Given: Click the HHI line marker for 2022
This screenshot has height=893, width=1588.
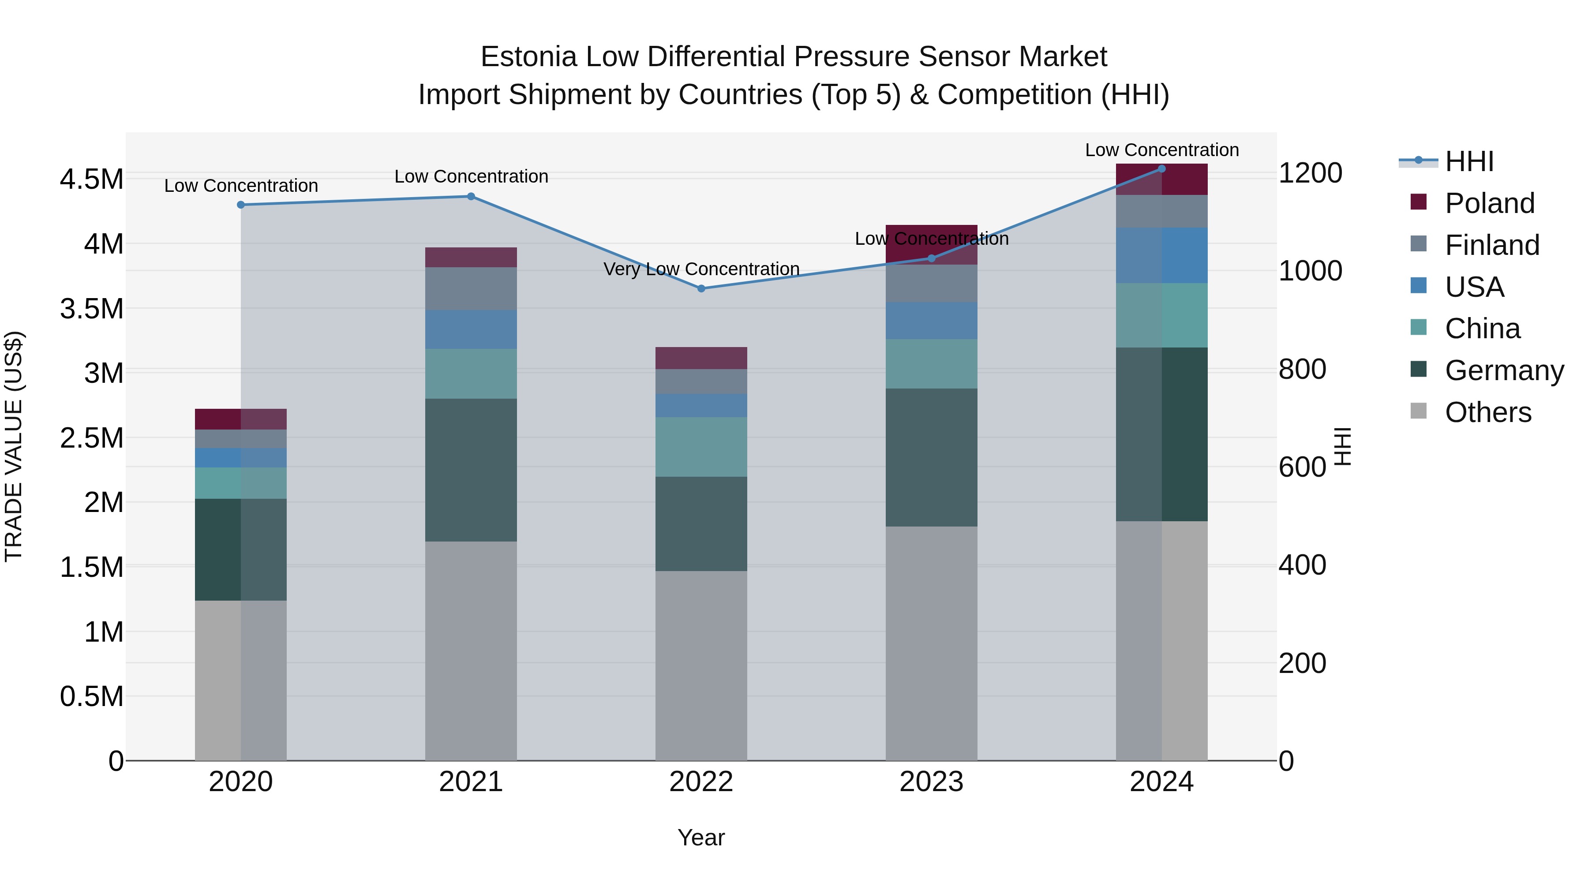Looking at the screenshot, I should (701, 288).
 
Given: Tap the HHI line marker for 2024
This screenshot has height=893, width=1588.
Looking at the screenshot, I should (1161, 169).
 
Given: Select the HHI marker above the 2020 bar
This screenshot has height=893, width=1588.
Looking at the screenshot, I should (241, 205).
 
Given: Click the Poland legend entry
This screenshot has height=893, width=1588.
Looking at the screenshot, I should (1489, 203).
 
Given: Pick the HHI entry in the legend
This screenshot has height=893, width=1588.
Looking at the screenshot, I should (1468, 161).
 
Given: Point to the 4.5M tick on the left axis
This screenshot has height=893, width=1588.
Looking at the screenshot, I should (91, 179).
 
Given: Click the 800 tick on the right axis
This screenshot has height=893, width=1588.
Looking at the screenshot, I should (1302, 369).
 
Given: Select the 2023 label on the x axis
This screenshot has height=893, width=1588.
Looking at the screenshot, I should (931, 782).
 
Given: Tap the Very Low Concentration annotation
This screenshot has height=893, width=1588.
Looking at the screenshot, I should (701, 269).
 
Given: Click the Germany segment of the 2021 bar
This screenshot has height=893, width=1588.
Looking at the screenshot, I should (471, 470).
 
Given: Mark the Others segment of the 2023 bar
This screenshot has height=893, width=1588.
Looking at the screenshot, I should (931, 643).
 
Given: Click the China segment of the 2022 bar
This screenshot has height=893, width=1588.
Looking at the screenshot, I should (701, 446).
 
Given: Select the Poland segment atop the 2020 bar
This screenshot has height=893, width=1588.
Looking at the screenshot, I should (241, 419).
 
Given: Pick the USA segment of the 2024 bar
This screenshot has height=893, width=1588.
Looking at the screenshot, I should (1161, 255).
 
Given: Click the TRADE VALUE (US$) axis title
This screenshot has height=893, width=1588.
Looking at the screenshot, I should (14, 446).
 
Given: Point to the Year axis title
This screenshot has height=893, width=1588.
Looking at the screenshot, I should (701, 837).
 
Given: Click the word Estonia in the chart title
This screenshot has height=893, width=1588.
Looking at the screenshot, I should (528, 57).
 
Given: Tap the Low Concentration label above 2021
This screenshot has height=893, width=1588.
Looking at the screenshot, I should (471, 177).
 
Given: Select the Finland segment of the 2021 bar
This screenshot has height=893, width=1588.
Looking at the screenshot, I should (471, 288).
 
